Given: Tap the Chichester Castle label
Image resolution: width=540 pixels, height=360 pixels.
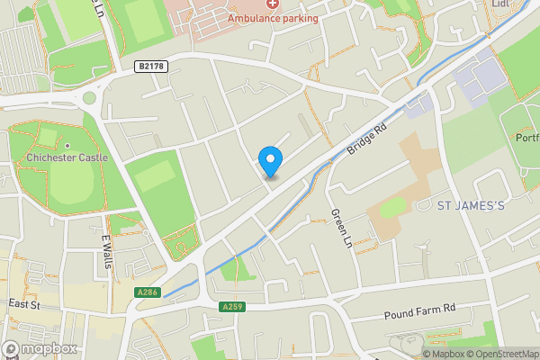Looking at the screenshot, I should tap(67, 157).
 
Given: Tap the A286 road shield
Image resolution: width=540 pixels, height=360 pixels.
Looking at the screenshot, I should tap(148, 292).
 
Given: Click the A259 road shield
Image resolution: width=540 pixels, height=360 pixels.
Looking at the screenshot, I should tap(231, 307).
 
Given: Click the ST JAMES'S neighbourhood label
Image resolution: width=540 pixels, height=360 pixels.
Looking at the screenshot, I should tap(472, 206).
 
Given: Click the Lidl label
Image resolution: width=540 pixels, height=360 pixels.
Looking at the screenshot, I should tap(501, 4).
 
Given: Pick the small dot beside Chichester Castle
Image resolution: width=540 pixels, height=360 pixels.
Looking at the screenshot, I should tap(67, 145).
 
